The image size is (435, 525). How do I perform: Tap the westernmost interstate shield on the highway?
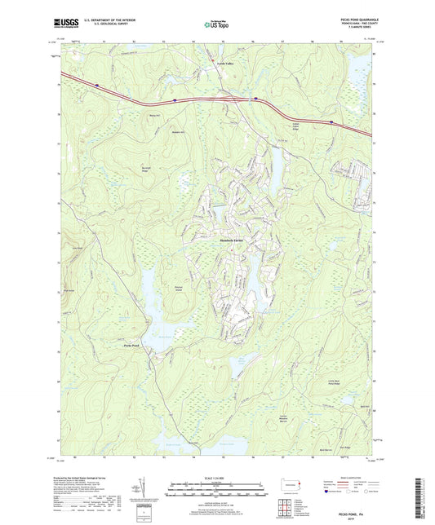point(96,83)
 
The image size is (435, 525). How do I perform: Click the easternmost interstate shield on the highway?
point(331,122)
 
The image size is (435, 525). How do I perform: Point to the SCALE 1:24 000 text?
point(216,477)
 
